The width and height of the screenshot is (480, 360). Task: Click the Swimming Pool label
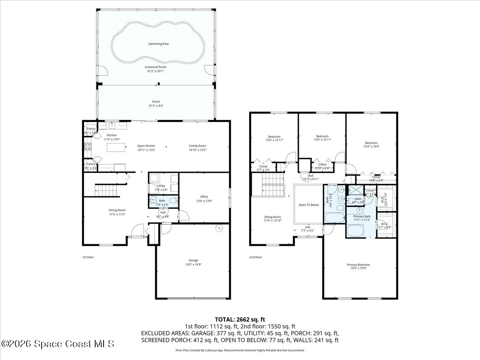click(x=158, y=44)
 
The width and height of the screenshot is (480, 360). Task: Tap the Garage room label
click(x=193, y=260)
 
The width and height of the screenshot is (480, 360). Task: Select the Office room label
click(x=204, y=196)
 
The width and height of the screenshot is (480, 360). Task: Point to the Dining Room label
click(x=117, y=210)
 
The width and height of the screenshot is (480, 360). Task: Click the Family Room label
click(x=198, y=146)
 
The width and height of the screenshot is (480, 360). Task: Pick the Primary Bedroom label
click(x=358, y=264)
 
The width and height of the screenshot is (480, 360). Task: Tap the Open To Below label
click(x=309, y=205)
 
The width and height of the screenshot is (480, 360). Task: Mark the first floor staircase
click(x=107, y=190)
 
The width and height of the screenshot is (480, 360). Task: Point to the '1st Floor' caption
click(x=88, y=257)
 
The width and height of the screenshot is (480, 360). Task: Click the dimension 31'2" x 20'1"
click(x=156, y=71)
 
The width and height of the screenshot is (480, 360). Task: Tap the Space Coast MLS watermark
click(x=58, y=344)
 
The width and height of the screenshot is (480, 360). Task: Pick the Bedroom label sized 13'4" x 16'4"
click(x=371, y=143)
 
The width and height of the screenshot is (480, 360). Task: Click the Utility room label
click(x=161, y=186)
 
